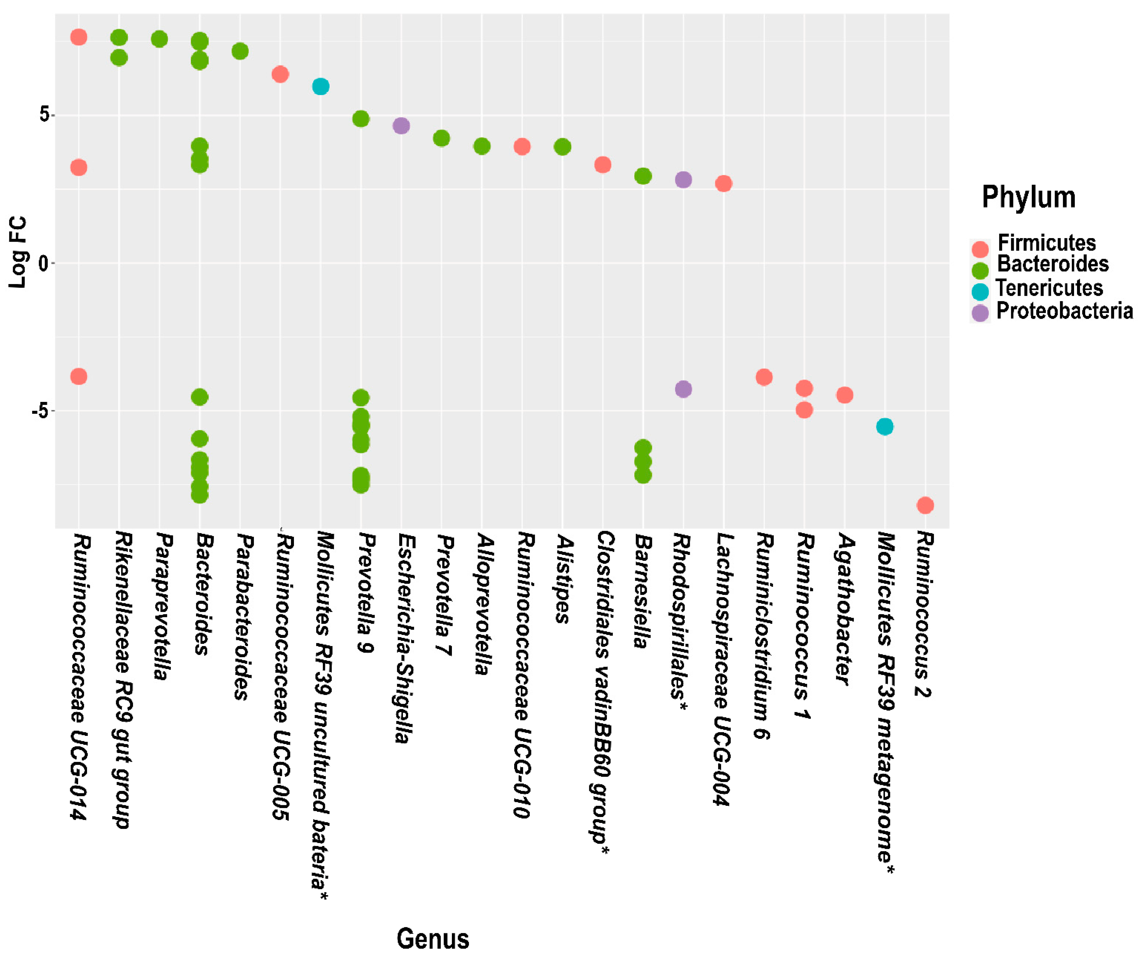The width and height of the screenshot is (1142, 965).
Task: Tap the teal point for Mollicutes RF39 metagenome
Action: (885, 427)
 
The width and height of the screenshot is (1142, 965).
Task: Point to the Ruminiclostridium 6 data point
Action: (764, 377)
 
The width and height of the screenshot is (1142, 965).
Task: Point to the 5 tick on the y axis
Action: (45, 115)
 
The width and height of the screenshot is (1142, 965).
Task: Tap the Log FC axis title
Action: (18, 253)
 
